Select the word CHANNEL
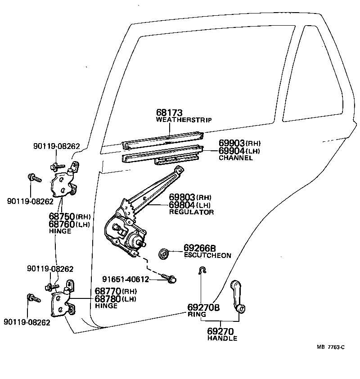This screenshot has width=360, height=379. [x=235, y=158]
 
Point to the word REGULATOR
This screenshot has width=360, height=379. [x=191, y=212]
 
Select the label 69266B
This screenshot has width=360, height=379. [x=200, y=248]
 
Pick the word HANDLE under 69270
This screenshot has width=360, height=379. [x=222, y=338]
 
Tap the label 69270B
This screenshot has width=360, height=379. [x=203, y=308]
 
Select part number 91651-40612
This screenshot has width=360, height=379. [x=125, y=279]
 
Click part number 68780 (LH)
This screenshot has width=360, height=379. [x=108, y=298]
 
